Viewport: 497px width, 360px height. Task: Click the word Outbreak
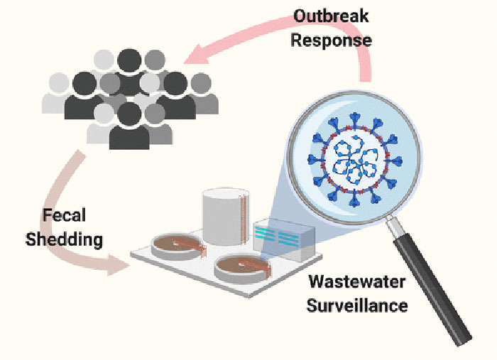pyautogui.click(x=331, y=16)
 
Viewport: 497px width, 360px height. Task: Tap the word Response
pyautogui.click(x=332, y=40)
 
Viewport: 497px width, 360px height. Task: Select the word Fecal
pyautogui.click(x=65, y=215)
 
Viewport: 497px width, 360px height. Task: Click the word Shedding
pyautogui.click(x=65, y=239)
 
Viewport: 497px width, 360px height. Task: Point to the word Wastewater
pyautogui.click(x=357, y=282)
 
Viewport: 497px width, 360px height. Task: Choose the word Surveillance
pyautogui.click(x=357, y=306)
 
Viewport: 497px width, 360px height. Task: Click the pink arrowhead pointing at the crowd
pyautogui.click(x=197, y=55)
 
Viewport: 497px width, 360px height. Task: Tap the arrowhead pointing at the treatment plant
pyautogui.click(x=119, y=265)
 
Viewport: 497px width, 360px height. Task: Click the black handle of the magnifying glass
pyautogui.click(x=432, y=292)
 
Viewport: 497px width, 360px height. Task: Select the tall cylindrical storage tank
pyautogui.click(x=225, y=217)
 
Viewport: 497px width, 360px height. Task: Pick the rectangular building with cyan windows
pyautogui.click(x=284, y=239)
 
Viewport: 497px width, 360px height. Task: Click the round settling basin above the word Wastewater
pyautogui.click(x=243, y=270)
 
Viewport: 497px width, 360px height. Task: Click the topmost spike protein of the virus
pyautogui.click(x=355, y=119)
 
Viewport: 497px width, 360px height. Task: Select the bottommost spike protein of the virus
pyautogui.click(x=354, y=200)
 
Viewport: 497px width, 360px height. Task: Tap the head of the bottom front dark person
pyautogui.click(x=129, y=114)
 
